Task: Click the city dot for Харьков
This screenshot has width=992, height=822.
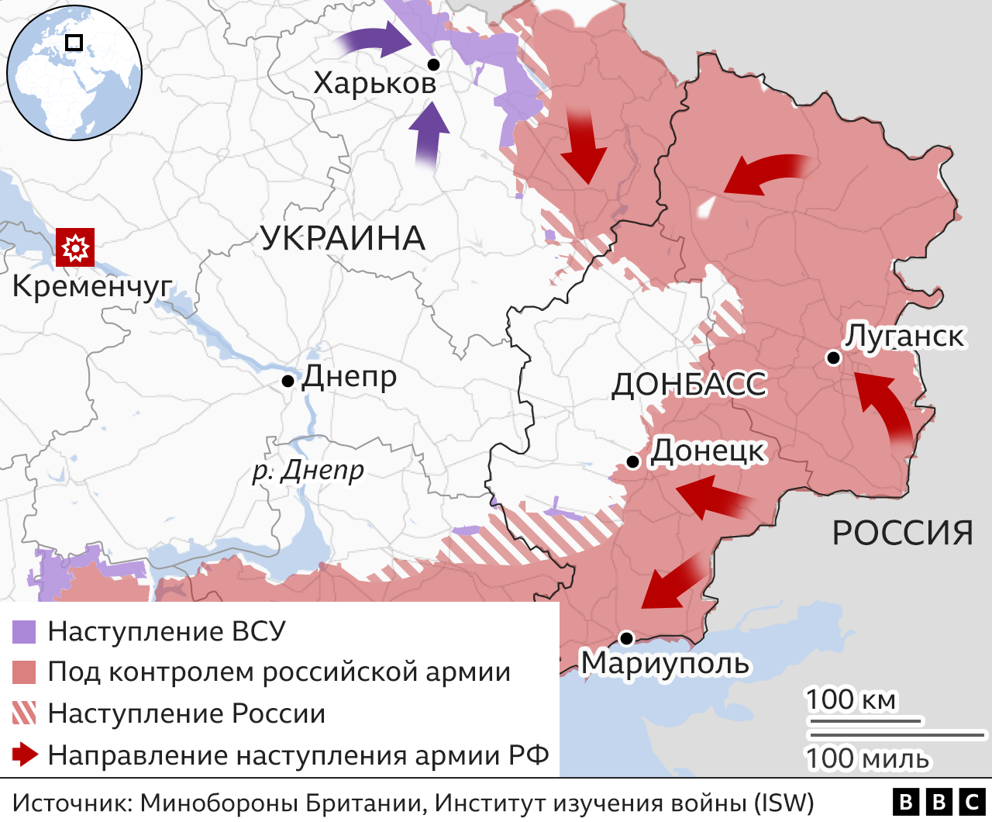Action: coord(434,64)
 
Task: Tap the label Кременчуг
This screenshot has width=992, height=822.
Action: coord(91,287)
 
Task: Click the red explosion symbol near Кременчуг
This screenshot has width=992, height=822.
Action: coord(75,247)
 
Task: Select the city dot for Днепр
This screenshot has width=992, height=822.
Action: coord(288,381)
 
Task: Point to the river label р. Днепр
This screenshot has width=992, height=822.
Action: coord(308,470)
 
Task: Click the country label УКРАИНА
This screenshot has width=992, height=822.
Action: coord(343,238)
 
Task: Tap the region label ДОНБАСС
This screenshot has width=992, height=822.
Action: coord(689,385)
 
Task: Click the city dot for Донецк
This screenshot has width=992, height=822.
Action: coord(632,462)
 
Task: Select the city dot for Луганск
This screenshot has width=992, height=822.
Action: coord(833,357)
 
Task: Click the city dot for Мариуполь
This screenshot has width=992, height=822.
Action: coord(626,638)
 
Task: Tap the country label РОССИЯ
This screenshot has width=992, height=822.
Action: coord(902,533)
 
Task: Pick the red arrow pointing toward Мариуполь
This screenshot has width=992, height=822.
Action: coord(673,583)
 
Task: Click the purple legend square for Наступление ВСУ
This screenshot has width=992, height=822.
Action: coord(24,632)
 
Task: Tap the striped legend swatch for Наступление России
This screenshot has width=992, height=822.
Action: coord(24,713)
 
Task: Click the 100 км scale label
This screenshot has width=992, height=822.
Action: coord(850,700)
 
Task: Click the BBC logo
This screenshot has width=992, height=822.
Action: coord(939,802)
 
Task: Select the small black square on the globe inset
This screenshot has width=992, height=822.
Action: coord(74,43)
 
